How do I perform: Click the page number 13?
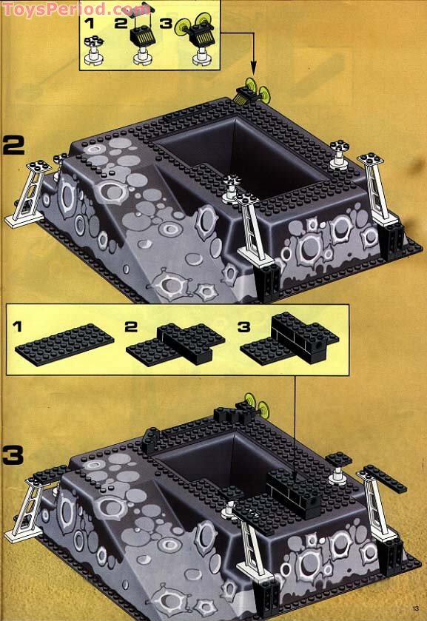click(416, 610)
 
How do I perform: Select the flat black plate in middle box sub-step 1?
click(65, 343)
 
